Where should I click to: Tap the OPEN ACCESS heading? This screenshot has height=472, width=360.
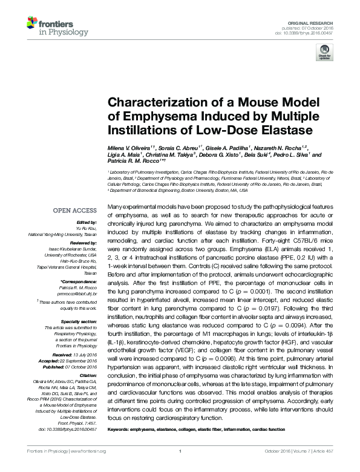point(74,211)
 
